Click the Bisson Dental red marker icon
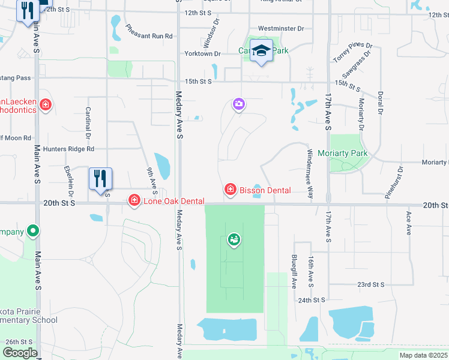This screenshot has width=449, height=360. point(229,190)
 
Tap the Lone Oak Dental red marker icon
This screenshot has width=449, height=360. point(134,201)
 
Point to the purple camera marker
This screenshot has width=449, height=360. point(239,106)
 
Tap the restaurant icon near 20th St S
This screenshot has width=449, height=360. point(100,179)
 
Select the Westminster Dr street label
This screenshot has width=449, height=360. point(281,28)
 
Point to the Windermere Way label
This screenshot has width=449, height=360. point(310,174)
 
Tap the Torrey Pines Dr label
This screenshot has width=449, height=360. point(354,53)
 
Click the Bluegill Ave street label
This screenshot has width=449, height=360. point(294,271)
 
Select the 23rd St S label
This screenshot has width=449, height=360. point(370,284)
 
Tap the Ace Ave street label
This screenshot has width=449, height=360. point(408,223)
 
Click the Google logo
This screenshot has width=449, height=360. point(20,353)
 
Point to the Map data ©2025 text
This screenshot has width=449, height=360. point(423,355)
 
